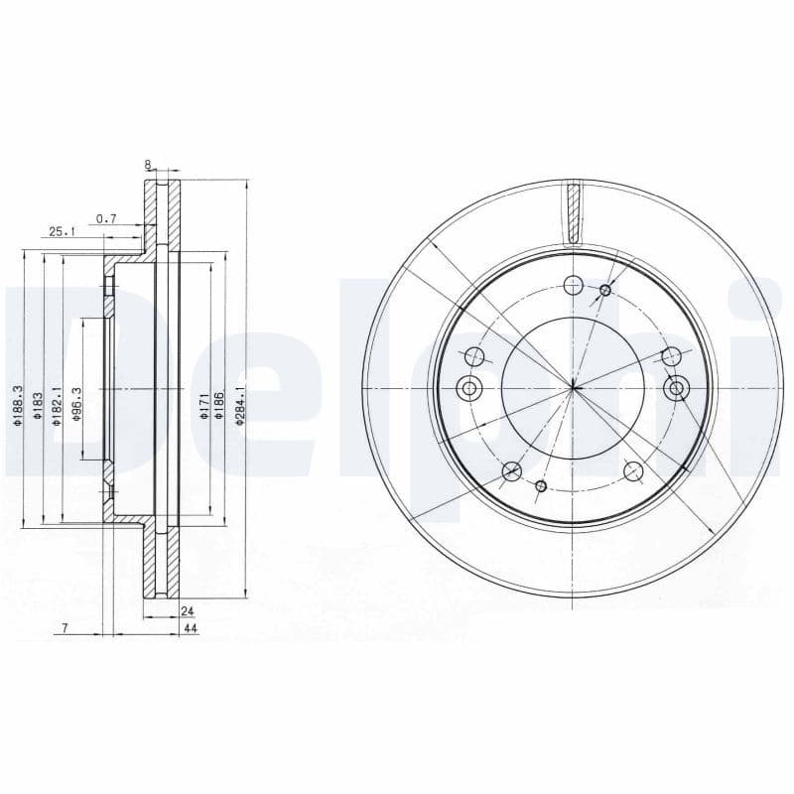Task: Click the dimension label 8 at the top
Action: pyautogui.click(x=148, y=165)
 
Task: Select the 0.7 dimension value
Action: pyautogui.click(x=107, y=218)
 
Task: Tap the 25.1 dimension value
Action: pyautogui.click(x=62, y=232)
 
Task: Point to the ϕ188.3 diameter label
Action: pyautogui.click(x=17, y=405)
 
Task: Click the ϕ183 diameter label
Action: pyautogui.click(x=37, y=406)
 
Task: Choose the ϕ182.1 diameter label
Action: pyautogui.click(x=57, y=406)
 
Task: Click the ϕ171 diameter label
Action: pyautogui.click(x=204, y=406)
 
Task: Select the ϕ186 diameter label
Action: pyautogui.click(x=219, y=406)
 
